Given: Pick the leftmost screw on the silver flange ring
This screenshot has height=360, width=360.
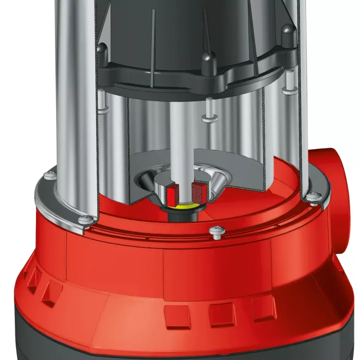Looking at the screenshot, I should pos(49,175).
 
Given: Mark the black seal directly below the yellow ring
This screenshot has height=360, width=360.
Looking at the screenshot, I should pos(184,212).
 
